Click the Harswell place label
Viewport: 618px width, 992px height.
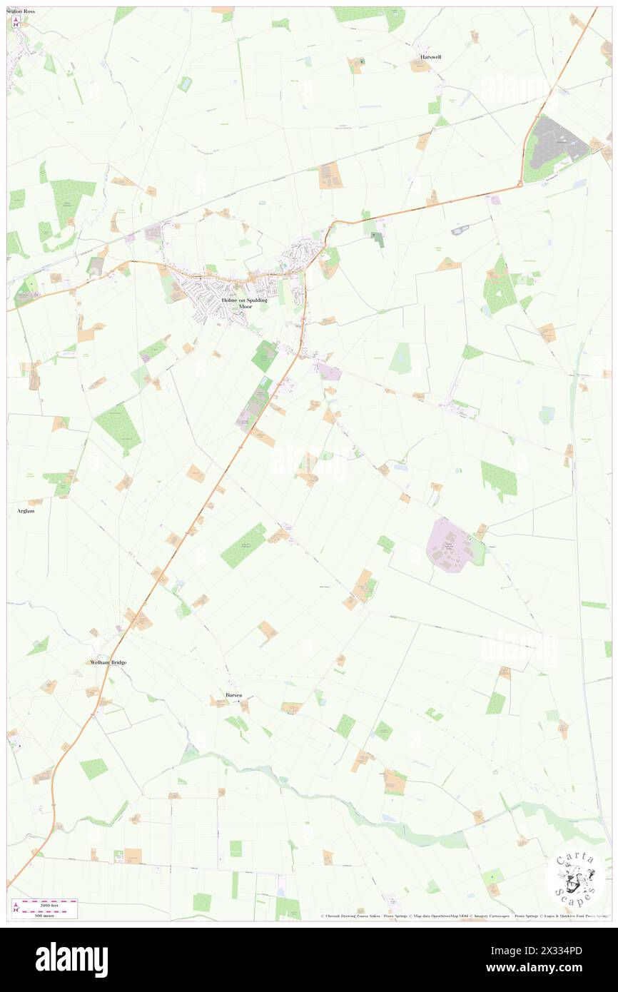click(430, 56)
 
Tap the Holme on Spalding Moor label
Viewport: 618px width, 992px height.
click(244, 303)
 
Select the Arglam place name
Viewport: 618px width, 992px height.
click(25, 511)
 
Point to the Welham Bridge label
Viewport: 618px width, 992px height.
click(108, 662)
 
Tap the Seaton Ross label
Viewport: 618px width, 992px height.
click(21, 11)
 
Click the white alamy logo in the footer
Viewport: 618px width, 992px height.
click(71, 958)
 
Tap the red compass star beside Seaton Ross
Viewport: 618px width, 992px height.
click(14, 22)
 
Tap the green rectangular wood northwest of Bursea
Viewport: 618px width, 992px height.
click(243, 545)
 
